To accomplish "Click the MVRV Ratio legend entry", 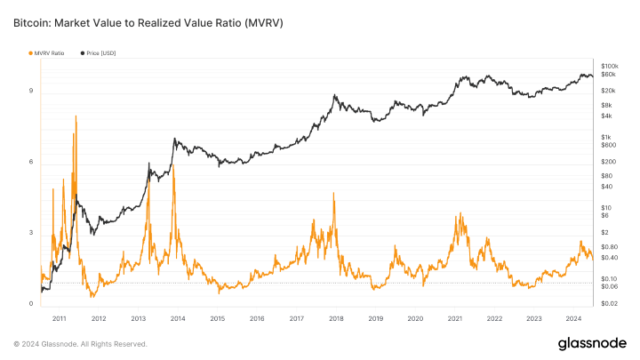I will point(48,53).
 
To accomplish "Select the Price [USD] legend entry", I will point(100,53).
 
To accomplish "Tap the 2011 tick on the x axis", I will point(60,318).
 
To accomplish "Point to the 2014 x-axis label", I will point(178,318).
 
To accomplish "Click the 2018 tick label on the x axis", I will point(336,318).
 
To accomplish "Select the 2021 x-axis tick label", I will point(455,318).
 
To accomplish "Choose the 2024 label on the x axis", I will point(573,318).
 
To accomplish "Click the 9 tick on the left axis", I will point(30,91).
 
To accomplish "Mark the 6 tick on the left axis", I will point(30,162).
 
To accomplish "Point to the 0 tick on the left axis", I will point(30,304).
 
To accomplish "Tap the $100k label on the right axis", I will point(610,67).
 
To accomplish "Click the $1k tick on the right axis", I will point(607,136).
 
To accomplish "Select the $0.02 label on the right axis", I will point(610,304).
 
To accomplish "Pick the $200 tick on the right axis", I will point(608,162).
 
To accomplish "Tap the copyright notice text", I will point(80,344).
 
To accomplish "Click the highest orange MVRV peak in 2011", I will point(76,116).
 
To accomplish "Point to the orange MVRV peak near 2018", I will point(333,193).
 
